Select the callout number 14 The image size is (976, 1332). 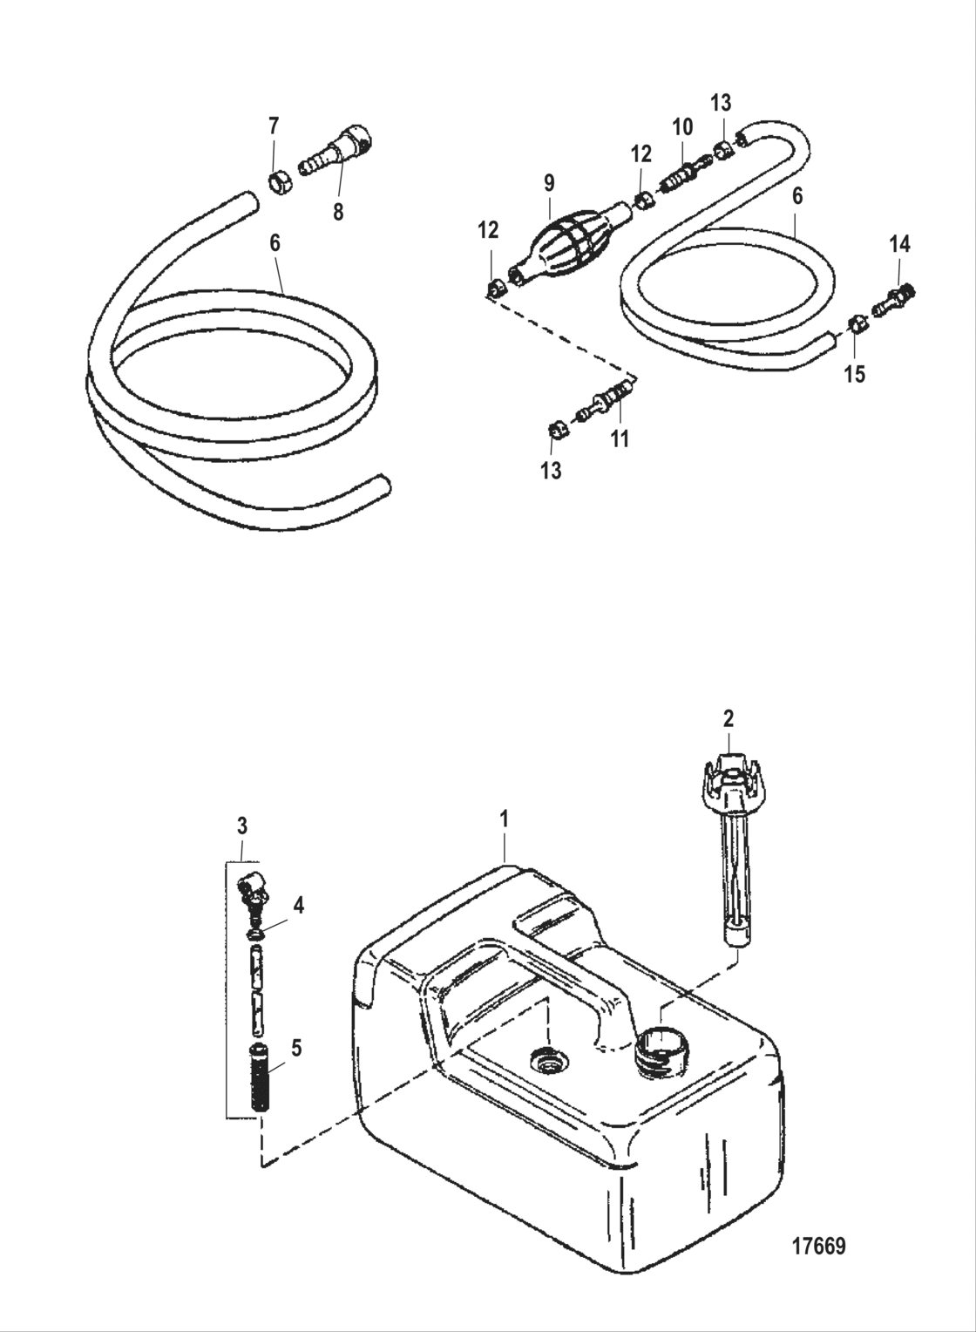coord(899,245)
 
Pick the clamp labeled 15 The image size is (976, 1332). coord(857,325)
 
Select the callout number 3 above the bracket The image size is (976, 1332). coord(242,825)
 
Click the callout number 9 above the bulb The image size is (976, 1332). coord(548,183)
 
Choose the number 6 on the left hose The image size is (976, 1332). coord(275,243)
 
